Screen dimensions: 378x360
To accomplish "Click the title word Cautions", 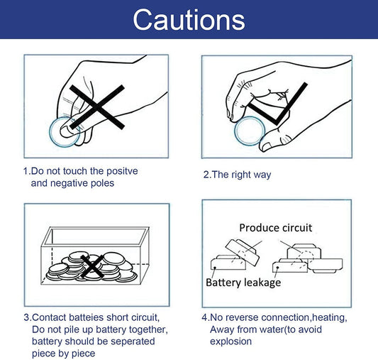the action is (189, 20).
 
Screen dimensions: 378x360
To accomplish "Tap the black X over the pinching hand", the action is (97, 107).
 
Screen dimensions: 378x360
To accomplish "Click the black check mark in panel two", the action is (278, 104).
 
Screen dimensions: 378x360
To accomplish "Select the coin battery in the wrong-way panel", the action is (65, 132).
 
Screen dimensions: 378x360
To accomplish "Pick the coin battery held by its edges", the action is (250, 131).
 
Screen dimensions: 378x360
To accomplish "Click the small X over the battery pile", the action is (92, 266).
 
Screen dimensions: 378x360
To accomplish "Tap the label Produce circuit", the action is (276, 228).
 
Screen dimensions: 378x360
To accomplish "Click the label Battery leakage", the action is (243, 283).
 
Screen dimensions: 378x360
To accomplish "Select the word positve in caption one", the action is (122, 171).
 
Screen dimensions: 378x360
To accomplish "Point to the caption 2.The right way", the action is (237, 175).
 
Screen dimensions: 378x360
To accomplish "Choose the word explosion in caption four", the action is (230, 342).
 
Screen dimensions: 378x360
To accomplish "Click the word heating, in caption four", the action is (330, 317).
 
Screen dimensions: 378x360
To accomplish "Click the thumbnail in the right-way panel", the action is (267, 146).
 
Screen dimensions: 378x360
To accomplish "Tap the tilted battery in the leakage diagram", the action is (243, 252).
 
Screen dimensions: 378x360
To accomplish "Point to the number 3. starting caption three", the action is (27, 317).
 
